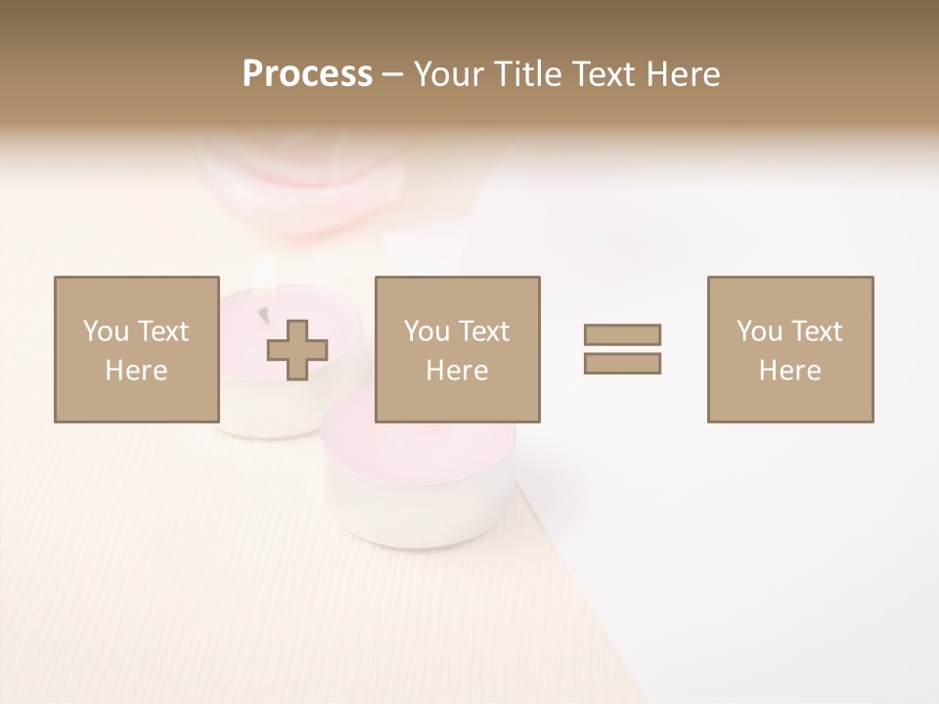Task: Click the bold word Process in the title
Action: pos(307,74)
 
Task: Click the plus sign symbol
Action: pos(298,349)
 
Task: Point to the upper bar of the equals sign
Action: pos(622,334)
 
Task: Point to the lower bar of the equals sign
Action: pos(622,363)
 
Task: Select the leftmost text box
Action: pos(137,349)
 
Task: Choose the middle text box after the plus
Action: pos(458,349)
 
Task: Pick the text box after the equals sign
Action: pos(790,349)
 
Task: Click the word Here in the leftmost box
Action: pos(137,371)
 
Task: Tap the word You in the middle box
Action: pos(426,331)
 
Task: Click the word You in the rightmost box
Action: pos(759,331)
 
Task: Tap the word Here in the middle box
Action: pos(458,371)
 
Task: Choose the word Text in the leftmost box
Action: pos(162,331)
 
